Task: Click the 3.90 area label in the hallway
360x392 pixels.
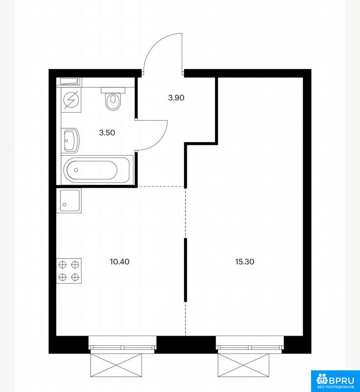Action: (x=176, y=98)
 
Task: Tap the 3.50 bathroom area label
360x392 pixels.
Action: (x=107, y=132)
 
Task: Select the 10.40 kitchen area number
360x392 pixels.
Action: (x=120, y=262)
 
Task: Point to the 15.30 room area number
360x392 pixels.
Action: (x=244, y=262)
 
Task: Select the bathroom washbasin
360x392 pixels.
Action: (x=71, y=140)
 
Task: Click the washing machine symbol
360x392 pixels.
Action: (x=71, y=100)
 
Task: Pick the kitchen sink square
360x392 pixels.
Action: (x=69, y=201)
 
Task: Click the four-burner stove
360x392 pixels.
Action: (x=69, y=271)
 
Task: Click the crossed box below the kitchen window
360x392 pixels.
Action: (x=116, y=365)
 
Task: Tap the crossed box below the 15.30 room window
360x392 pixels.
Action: (x=244, y=365)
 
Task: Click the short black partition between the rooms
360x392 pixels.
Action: (x=186, y=270)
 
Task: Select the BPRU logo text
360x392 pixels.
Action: (x=342, y=380)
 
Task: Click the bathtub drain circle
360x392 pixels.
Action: (x=76, y=170)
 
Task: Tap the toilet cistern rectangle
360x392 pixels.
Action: (x=113, y=90)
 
